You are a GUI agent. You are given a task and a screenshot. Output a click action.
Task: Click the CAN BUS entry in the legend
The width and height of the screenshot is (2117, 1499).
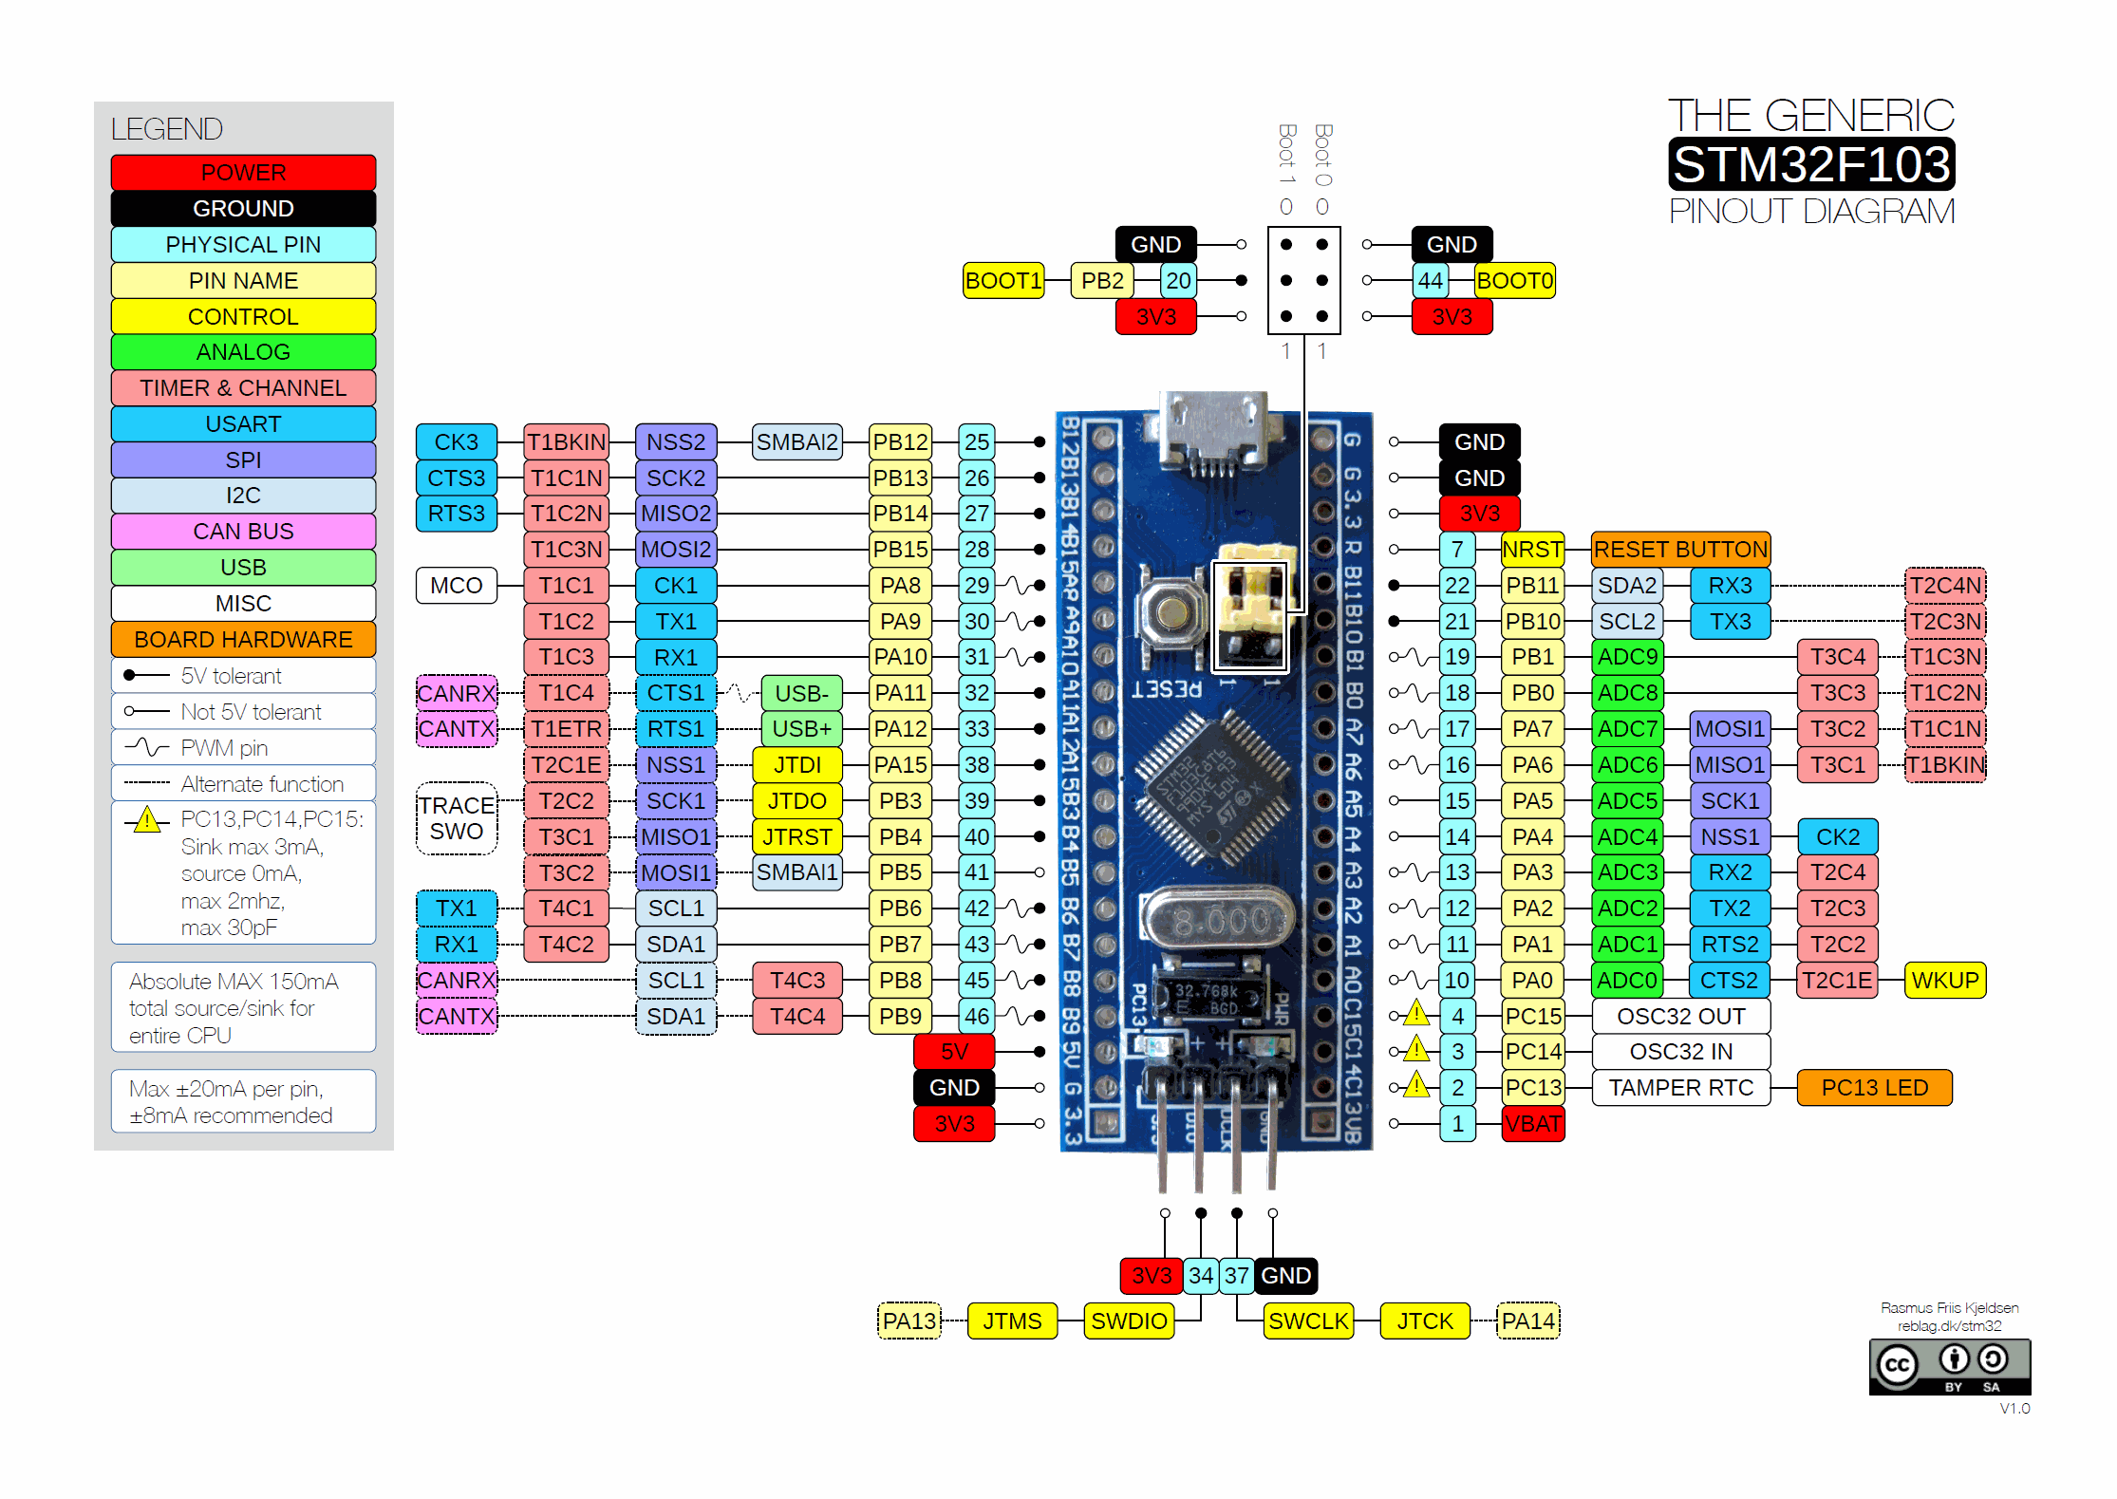coord(243,531)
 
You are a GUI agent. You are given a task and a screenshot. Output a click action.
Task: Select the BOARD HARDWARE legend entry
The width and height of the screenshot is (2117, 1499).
coord(243,639)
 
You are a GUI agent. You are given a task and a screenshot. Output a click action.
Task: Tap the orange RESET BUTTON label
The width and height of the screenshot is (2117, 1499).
coord(1680,549)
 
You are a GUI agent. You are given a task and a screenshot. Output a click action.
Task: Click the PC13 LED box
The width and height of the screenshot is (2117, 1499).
coord(1874,1087)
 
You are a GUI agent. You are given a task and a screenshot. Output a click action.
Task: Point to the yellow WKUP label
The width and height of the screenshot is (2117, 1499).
coord(1944,980)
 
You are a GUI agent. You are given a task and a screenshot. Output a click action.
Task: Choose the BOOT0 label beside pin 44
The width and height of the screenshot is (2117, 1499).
coord(1515,280)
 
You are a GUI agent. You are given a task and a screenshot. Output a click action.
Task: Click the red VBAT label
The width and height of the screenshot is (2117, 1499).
coord(1533,1123)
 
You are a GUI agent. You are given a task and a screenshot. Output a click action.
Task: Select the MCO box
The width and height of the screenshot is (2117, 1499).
coord(456,585)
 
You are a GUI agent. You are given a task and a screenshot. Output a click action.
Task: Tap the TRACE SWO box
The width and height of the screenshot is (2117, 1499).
coord(456,817)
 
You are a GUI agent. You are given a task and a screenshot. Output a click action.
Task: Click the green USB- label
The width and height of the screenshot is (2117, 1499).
coord(801,693)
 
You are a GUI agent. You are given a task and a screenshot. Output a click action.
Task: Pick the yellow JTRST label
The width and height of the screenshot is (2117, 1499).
coord(796,836)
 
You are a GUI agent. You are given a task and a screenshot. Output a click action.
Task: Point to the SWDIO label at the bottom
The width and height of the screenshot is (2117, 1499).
coord(1129,1321)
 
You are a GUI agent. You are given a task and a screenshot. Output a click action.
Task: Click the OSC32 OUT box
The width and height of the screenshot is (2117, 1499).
coord(1680,1016)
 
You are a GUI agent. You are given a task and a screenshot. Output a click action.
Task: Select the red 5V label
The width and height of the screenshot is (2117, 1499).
coord(954,1051)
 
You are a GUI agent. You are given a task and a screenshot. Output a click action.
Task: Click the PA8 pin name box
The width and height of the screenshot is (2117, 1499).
coord(900,585)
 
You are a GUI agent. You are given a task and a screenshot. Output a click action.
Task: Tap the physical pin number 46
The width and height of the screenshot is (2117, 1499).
coord(977,1016)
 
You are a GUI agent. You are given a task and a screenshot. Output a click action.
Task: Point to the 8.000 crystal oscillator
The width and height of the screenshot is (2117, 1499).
coord(1218,919)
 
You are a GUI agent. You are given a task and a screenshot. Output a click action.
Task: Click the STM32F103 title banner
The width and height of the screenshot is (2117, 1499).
coord(1810,164)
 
